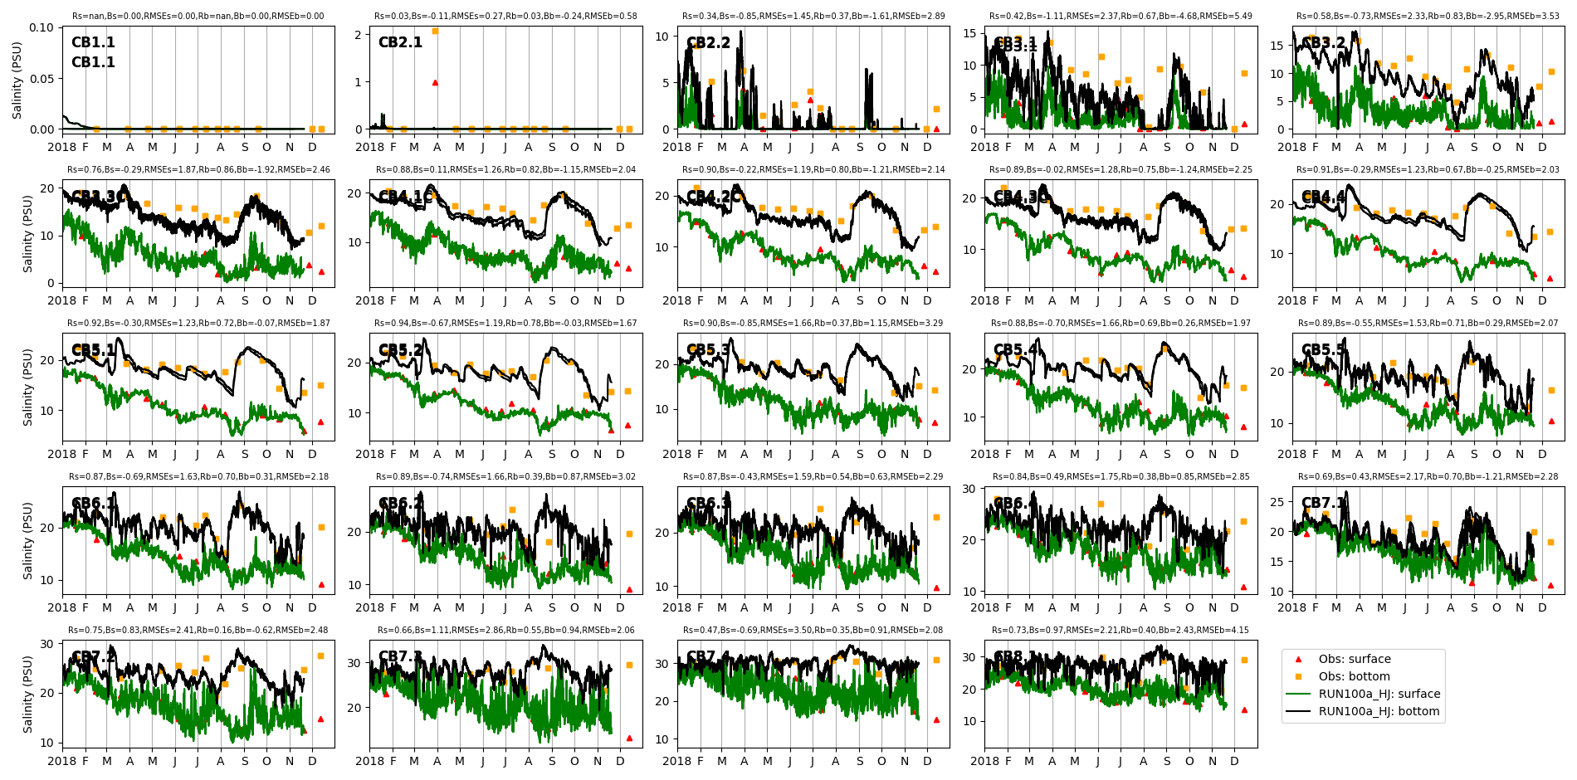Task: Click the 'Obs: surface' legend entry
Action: (1355, 659)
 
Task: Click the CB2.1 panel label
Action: (400, 42)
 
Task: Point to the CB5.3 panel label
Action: (708, 350)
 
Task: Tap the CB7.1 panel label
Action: (1323, 503)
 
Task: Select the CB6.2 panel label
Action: (401, 504)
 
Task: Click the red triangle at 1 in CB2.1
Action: (435, 82)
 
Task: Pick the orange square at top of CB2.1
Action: (435, 31)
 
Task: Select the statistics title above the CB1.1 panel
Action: (198, 17)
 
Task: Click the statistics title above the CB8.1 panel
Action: (1120, 631)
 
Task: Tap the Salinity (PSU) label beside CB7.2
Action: (28, 694)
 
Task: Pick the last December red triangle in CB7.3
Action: (629, 738)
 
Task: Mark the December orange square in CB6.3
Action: (936, 517)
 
